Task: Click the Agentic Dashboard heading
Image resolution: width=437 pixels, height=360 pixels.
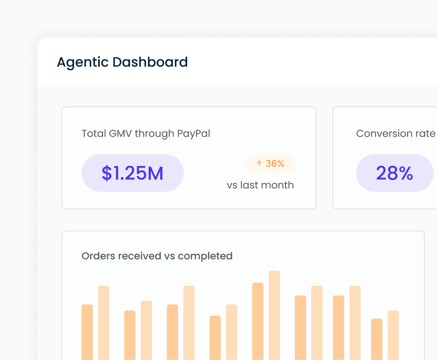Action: point(122,62)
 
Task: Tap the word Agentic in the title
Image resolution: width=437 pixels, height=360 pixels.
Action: point(83,62)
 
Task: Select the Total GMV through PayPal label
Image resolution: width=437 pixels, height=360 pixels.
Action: point(146,134)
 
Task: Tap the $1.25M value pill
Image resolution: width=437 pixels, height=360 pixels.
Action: point(133,173)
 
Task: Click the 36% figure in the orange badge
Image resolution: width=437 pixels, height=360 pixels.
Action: point(275,164)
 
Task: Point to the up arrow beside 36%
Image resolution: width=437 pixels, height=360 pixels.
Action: point(259,164)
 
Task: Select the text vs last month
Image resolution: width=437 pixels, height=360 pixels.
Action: point(260,185)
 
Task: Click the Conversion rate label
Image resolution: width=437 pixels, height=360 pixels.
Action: point(396,134)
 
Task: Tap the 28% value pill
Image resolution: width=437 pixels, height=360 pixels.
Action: point(395,173)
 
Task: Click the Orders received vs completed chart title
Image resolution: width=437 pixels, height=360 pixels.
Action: point(157,256)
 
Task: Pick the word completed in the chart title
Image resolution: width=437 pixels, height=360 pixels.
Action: point(205,256)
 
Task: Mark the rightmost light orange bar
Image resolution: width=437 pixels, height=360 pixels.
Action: point(393,335)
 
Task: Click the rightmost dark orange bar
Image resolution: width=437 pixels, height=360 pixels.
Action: point(377,339)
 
